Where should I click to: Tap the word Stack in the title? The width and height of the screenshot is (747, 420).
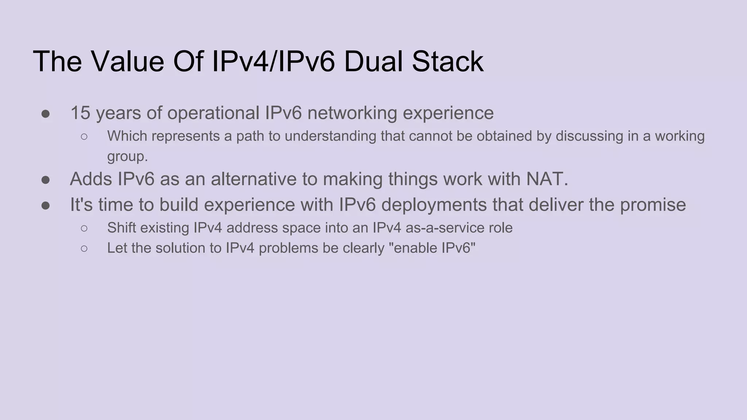[x=448, y=61]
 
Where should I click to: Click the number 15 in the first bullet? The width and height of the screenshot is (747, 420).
[x=80, y=113]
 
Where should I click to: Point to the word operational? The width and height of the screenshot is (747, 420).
[x=213, y=113]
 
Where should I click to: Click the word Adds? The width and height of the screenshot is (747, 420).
[x=91, y=179]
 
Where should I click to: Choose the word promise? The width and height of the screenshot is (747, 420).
[x=653, y=205]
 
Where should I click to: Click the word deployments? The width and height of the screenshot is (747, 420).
[x=434, y=205]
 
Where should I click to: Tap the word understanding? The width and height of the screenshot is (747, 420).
[x=330, y=136]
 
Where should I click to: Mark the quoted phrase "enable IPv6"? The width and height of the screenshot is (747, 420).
[x=432, y=248]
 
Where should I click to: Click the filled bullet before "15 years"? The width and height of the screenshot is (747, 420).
[x=46, y=114]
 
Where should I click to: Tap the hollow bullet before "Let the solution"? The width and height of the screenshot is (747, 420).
[x=84, y=249]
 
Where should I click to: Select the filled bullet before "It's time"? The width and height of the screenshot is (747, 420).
[x=46, y=206]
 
